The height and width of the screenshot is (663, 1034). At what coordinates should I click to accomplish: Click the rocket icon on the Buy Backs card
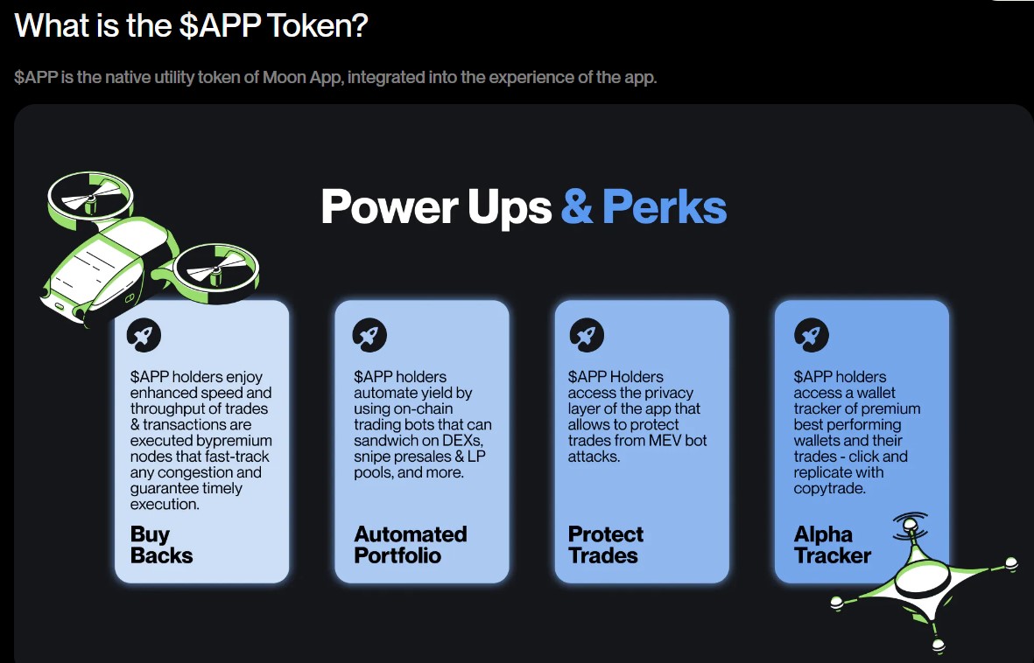pos(143,334)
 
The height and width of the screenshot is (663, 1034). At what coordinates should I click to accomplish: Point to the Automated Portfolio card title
pos(410,545)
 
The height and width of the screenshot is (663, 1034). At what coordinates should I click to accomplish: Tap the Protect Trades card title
pos(605,545)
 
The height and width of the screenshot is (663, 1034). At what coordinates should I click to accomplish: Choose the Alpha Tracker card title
pos(832,545)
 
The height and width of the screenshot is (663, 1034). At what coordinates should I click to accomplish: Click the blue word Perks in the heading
pos(665,207)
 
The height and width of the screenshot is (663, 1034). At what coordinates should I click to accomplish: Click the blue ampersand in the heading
pos(576,207)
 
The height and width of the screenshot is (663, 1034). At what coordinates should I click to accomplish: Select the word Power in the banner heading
pos(387,207)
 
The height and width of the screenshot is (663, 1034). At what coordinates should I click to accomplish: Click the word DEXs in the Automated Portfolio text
pos(464,441)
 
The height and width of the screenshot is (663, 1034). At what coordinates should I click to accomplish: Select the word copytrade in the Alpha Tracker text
pos(829,488)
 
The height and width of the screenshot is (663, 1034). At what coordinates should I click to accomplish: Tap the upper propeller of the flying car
pos(89,198)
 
